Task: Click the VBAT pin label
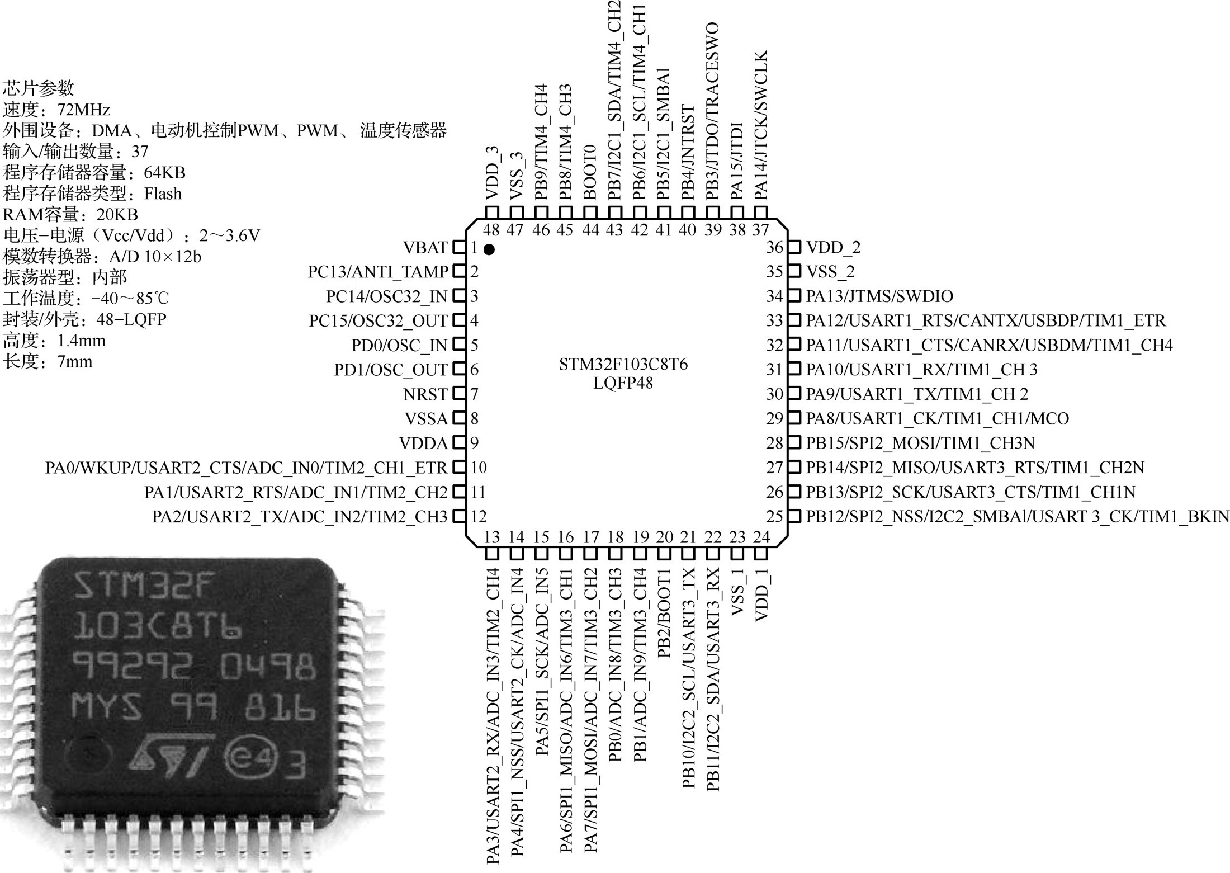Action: pos(425,248)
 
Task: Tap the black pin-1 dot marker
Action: pos(490,249)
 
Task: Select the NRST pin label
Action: pos(425,395)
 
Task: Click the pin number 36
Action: pos(774,247)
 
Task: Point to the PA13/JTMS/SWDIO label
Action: pos(879,296)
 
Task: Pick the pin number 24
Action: pos(761,537)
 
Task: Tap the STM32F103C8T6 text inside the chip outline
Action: pos(623,365)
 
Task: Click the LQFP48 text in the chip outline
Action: pos(623,384)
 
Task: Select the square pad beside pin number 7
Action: pos(459,394)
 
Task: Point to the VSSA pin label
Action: pos(426,419)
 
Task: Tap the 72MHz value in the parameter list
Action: pos(84,110)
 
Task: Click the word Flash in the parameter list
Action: pos(163,194)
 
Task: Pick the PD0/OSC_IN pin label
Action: pos(399,346)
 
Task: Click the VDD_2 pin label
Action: pos(833,247)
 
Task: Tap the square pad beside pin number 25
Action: pos(794,516)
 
